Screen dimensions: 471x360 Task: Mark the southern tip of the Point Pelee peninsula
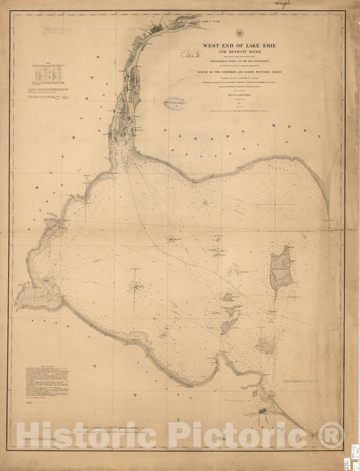click(x=328, y=217)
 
